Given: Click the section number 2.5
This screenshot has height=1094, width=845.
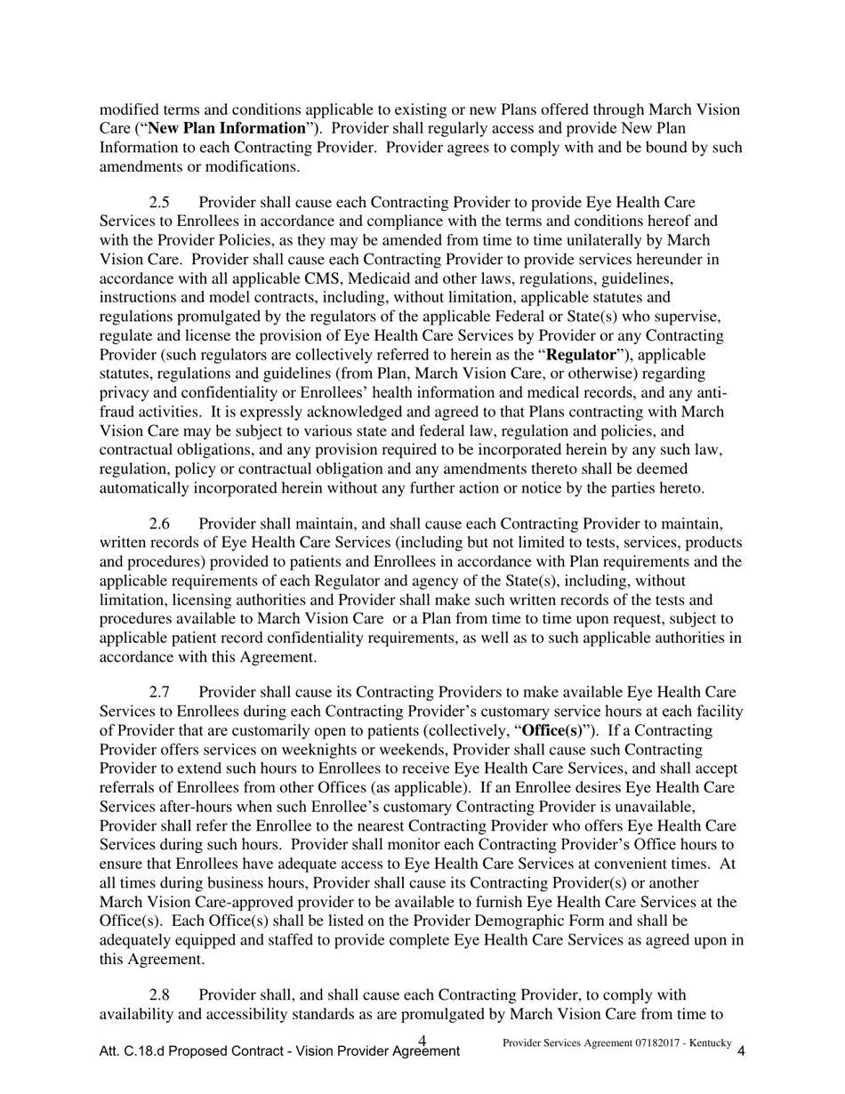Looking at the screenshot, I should click(159, 203).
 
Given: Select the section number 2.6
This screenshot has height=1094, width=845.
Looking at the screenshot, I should click(159, 524).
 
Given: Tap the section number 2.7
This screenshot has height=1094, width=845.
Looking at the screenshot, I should click(159, 692).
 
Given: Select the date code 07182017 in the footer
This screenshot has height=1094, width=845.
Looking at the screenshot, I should click(653, 1042).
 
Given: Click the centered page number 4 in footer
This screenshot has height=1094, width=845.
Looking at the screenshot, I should click(422, 1040).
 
